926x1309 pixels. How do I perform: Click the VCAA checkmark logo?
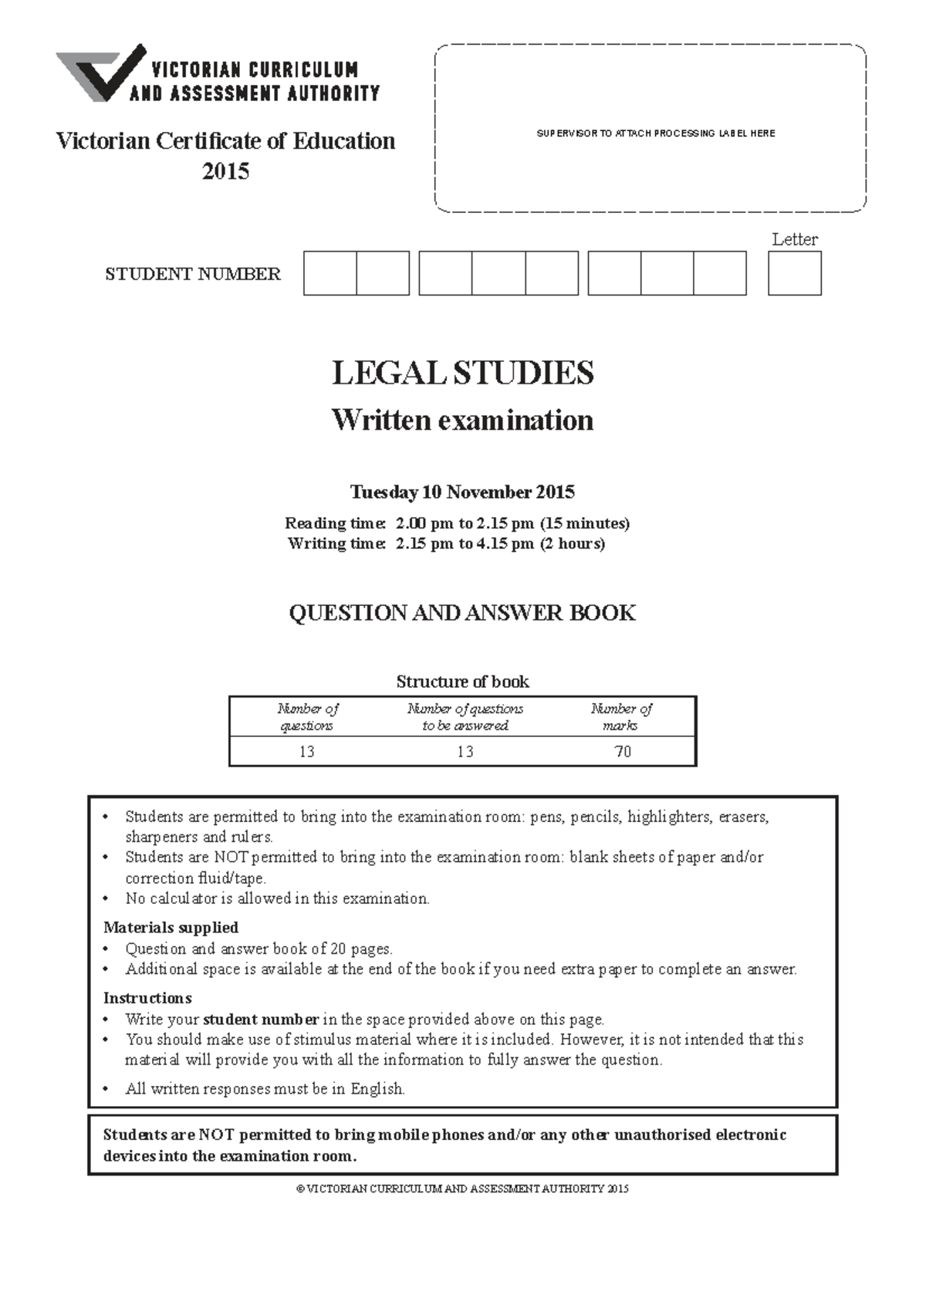click(x=100, y=73)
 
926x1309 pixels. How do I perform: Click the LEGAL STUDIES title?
click(x=462, y=374)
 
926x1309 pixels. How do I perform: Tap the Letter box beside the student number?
click(x=794, y=273)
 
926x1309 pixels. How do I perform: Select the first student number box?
click(x=330, y=273)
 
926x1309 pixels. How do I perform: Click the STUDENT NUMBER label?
click(x=193, y=274)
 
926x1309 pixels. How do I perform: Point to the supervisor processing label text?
click(x=656, y=134)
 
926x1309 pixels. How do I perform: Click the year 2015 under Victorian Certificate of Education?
click(x=225, y=171)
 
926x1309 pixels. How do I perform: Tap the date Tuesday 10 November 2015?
click(x=462, y=492)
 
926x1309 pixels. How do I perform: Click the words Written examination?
click(x=462, y=421)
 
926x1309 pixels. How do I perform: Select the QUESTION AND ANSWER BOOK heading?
click(x=462, y=613)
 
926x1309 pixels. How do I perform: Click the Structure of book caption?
click(x=462, y=682)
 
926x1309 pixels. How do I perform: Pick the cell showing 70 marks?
click(x=622, y=751)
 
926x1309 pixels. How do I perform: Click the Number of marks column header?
click(x=621, y=717)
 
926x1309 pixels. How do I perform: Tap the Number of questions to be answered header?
click(x=465, y=717)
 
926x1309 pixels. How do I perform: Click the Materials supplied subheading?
click(x=171, y=927)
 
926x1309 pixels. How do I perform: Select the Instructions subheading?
click(x=147, y=998)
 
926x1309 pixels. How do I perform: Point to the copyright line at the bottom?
click(x=462, y=1189)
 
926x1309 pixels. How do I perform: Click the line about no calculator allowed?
click(x=277, y=898)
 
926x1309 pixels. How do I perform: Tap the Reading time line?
click(x=457, y=523)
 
